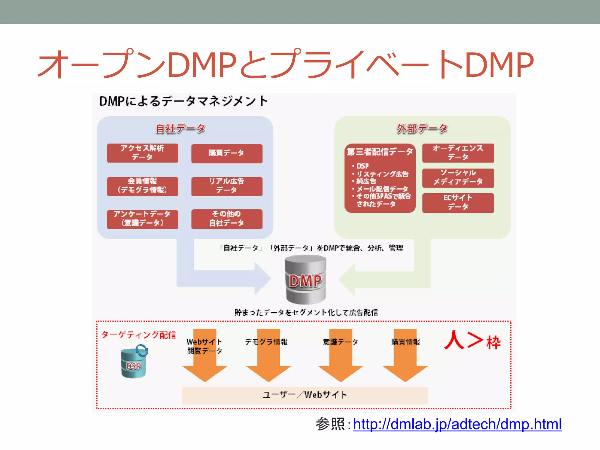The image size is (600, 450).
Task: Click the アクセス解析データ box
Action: click(142, 153)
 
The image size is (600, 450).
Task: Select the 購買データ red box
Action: click(227, 153)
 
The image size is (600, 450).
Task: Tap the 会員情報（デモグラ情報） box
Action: click(142, 186)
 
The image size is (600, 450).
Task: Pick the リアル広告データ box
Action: click(227, 186)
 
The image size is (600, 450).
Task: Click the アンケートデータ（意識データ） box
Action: click(142, 219)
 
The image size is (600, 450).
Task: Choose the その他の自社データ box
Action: click(227, 219)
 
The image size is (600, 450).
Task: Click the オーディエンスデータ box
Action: click(458, 153)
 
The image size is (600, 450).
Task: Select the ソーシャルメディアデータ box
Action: click(458, 178)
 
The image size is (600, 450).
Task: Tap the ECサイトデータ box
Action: click(458, 202)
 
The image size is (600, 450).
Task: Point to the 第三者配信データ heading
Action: click(380, 152)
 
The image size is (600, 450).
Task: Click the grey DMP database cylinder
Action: click(306, 280)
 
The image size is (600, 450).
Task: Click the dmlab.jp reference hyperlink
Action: click(457, 424)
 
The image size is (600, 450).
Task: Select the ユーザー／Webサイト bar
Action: click(305, 395)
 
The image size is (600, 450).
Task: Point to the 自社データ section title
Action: click(180, 129)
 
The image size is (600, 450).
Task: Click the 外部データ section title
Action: click(422, 129)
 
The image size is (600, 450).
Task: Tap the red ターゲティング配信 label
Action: click(139, 335)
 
